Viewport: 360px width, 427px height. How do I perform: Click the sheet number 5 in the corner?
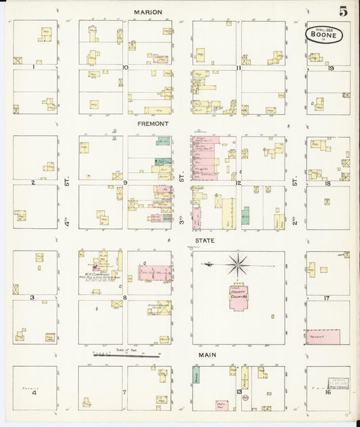click(344, 11)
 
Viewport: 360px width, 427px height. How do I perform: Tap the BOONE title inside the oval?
click(323, 34)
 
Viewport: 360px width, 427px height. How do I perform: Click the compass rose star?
click(237, 263)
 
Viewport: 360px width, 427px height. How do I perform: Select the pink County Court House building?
click(238, 296)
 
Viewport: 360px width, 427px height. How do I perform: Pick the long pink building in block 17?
click(322, 335)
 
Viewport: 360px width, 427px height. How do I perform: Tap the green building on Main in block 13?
click(197, 377)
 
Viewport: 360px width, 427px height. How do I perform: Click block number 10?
click(126, 67)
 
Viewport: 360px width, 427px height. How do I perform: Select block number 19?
click(331, 68)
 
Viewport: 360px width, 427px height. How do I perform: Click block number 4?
click(33, 392)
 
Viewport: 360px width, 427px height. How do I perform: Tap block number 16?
click(326, 392)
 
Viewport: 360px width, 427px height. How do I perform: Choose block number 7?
click(124, 392)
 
